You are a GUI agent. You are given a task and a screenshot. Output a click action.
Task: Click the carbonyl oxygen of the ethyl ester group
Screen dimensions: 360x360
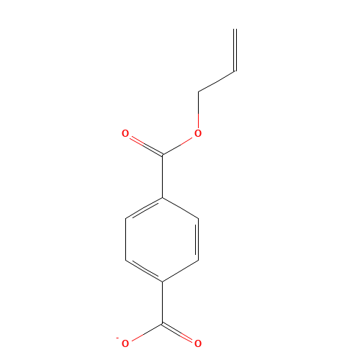coord(125,133)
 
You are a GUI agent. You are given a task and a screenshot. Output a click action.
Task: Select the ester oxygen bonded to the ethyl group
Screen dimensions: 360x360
coord(198,133)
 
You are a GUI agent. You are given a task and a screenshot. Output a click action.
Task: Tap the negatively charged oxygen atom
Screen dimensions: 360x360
coord(125,344)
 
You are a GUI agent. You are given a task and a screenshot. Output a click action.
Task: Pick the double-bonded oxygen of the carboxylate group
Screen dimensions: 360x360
coord(198,344)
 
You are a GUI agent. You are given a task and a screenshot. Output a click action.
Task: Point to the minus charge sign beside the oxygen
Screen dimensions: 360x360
coord(117,338)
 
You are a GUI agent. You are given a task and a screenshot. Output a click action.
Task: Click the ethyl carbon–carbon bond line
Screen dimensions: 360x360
coord(216,81)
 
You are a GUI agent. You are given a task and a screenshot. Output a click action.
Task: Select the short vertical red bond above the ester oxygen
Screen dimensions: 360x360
coord(198,115)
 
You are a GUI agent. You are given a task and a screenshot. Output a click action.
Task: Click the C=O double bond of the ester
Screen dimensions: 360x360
coord(144,144)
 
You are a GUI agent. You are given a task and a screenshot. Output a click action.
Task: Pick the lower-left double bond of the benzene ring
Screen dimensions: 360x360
coord(144,270)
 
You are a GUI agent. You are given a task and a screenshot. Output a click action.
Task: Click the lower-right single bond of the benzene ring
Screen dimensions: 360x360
coord(181,270)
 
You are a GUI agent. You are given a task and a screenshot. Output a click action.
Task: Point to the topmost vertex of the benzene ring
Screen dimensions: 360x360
coord(163,197)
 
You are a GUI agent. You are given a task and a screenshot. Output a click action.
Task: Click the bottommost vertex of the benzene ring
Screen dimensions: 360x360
coord(163,281)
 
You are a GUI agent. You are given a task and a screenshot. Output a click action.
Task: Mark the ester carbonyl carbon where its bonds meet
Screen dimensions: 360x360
coord(163,154)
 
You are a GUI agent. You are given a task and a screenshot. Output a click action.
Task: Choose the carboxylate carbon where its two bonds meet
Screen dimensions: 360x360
coord(163,323)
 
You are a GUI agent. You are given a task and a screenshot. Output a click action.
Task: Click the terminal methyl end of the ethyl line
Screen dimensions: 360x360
coord(234,71)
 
